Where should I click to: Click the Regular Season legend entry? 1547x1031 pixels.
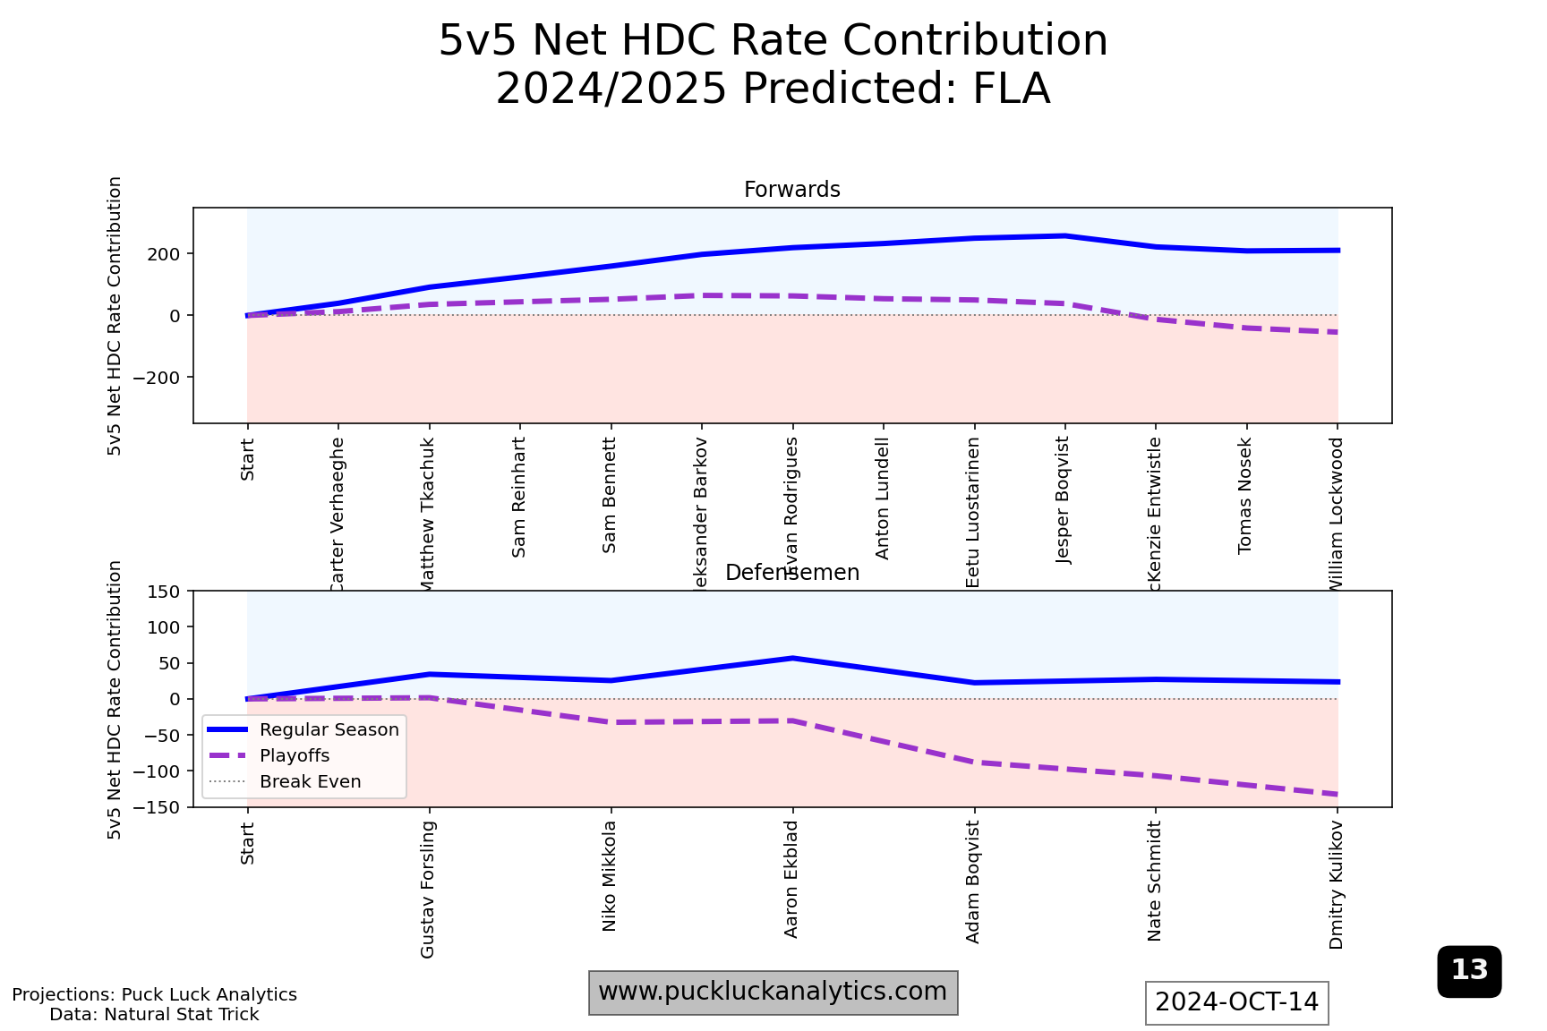[329, 730]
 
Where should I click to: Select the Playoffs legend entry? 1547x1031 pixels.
[295, 756]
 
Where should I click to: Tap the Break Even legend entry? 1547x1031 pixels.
[310, 782]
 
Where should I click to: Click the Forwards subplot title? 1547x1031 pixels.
[791, 190]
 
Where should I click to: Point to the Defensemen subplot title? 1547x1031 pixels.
[791, 573]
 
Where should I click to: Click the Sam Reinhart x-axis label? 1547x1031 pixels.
[519, 498]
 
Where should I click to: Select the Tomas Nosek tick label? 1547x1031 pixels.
[1245, 496]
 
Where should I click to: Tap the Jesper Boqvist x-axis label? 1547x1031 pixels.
[1064, 500]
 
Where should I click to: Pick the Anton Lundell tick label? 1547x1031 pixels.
[883, 498]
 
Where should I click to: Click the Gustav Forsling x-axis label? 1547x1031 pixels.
[428, 889]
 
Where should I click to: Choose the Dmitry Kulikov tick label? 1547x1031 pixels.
[1337, 884]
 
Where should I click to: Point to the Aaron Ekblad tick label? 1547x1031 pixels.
[791, 879]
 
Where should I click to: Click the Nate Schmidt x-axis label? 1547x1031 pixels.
[1155, 881]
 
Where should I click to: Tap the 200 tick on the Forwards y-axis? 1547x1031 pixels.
[164, 254]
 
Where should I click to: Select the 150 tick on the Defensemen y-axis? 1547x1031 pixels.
[164, 592]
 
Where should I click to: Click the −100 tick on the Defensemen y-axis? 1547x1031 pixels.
[157, 771]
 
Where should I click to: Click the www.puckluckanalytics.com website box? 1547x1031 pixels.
[773, 993]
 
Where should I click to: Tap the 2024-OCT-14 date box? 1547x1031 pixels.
[1236, 1002]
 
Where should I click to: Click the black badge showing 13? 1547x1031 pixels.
[1469, 971]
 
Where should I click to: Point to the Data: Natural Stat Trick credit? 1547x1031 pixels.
[154, 1015]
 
